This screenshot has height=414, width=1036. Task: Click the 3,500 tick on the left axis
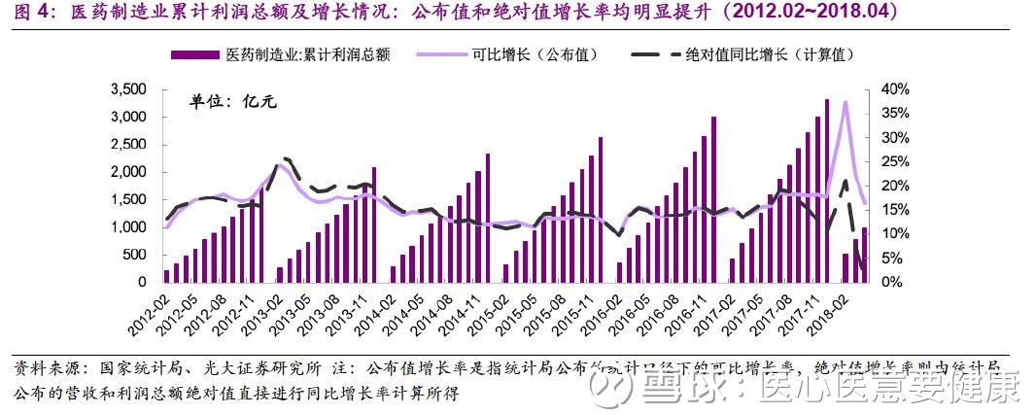126,89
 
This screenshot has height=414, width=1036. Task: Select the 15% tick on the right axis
891,210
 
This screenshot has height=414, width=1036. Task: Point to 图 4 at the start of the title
23,13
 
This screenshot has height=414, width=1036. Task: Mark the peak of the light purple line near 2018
846,102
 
